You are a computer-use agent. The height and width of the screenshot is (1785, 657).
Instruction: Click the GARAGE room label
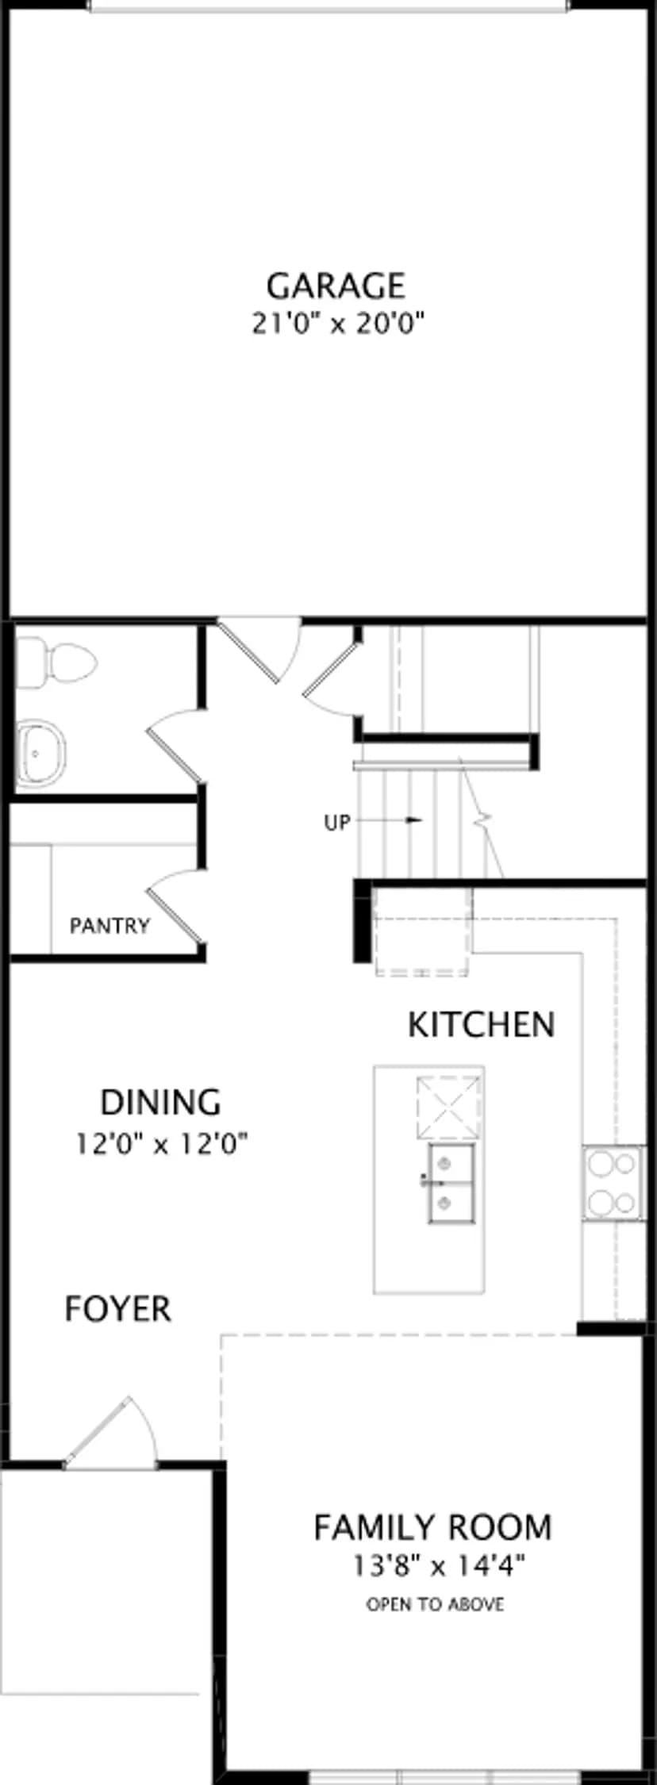pos(336,286)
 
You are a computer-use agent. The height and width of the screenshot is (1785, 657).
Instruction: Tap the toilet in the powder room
pos(56,661)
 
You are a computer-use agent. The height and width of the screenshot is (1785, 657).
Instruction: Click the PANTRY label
pos(109,926)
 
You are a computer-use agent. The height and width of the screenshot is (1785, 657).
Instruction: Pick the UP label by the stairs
pos(336,823)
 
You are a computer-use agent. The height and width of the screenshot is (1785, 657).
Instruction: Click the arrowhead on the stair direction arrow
pos(413,820)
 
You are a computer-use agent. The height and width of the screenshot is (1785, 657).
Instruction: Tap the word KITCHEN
pos(481,1025)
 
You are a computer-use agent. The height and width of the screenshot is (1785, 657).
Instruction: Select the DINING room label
pos(160,1102)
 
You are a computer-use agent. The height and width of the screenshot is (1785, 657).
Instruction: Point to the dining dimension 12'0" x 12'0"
pos(162,1144)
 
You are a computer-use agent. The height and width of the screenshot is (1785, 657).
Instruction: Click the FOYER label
pos(117,1309)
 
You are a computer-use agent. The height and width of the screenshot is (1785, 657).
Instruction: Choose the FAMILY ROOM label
pos(432,1527)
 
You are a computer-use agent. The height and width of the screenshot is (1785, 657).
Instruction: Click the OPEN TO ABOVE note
pos(435,1604)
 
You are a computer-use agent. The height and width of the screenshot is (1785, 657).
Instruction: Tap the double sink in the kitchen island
pos(451,1183)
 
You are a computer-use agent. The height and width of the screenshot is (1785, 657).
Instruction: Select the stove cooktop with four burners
pos(613,1183)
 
